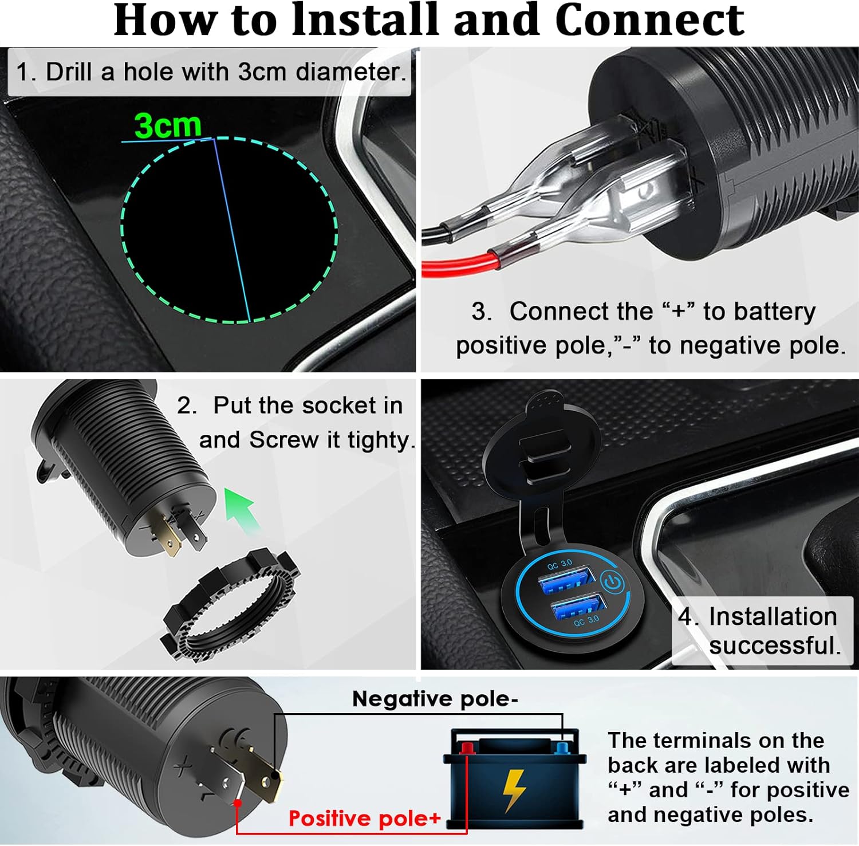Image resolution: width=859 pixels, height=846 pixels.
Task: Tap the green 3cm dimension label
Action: point(168,125)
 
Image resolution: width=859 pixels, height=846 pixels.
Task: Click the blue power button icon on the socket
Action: point(613,583)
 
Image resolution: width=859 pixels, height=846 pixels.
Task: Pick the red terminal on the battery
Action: point(467,747)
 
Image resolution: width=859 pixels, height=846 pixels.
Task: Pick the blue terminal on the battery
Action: point(562,747)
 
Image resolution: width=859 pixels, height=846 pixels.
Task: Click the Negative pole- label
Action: point(435,699)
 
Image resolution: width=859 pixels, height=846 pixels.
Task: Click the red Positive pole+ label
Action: point(364,819)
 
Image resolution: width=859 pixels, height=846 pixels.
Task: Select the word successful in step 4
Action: point(775,646)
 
